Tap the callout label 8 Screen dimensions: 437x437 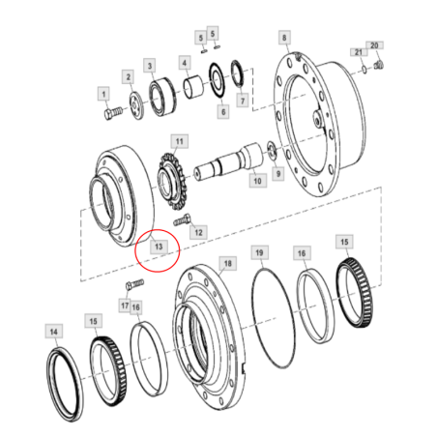284,38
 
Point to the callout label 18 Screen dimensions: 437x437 227,263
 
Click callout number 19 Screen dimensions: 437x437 258,253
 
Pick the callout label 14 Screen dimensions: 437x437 54,333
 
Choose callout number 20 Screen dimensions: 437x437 377,44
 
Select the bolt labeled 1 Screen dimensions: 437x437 109,114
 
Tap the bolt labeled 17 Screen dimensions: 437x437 134,285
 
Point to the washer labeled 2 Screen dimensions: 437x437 134,103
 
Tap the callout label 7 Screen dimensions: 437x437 242,100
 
